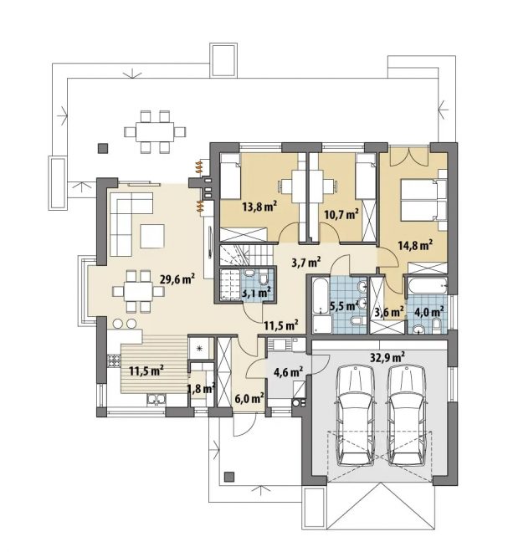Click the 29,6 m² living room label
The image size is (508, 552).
pos(177,280)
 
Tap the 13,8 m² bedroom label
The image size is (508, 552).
pos(259,207)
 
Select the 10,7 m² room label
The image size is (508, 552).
pos(341,214)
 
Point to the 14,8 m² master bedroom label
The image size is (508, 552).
pos(415,245)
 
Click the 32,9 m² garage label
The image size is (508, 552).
pos(387,357)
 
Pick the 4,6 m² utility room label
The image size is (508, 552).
pos(289,371)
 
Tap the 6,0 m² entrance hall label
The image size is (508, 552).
pos(249,399)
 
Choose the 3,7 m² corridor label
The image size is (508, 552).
pos(306,262)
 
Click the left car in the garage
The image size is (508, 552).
pos(356,416)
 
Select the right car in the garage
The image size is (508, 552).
pos(407,416)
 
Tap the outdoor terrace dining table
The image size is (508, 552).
pos(156,131)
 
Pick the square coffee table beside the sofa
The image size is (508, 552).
pos(152,236)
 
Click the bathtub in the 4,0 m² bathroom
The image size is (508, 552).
pos(428,285)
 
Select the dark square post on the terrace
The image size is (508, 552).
pos(103,148)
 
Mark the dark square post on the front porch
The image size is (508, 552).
pos(229,477)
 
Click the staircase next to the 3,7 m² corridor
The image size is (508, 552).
pos(246,255)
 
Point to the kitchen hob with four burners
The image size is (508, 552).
pos(114,360)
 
